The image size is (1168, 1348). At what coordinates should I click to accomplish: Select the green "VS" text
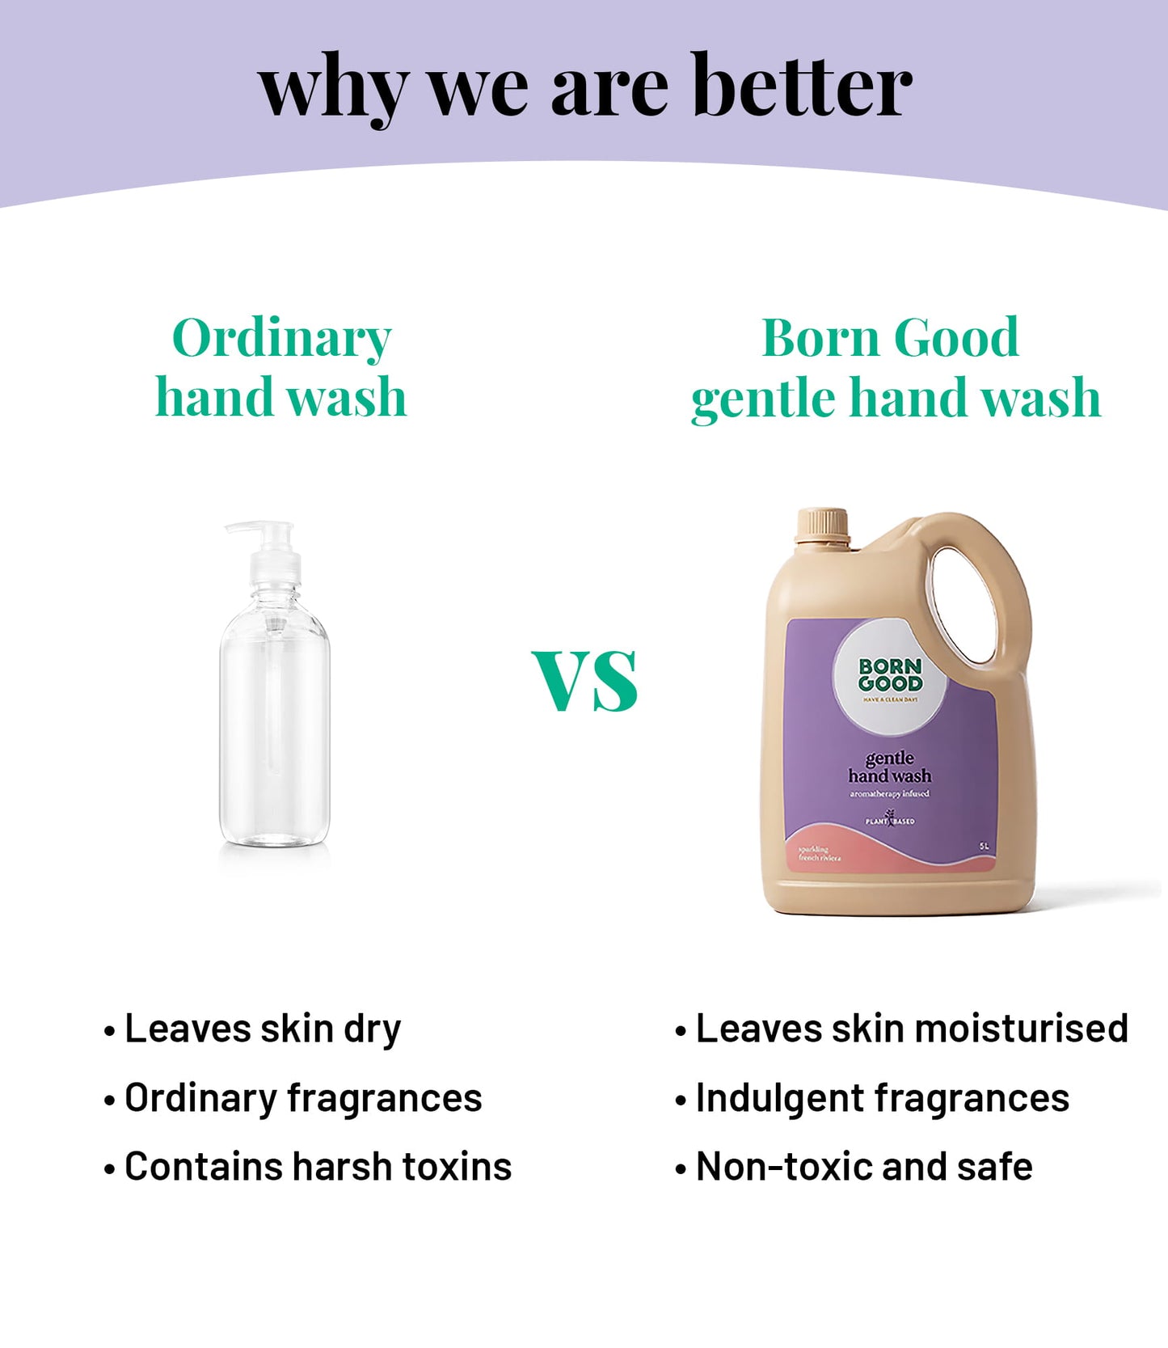[x=585, y=681]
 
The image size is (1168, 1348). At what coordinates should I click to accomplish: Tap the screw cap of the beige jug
[x=822, y=526]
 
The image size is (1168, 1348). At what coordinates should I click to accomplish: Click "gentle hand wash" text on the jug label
[x=889, y=767]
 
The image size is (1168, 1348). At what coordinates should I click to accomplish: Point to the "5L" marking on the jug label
[x=984, y=846]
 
